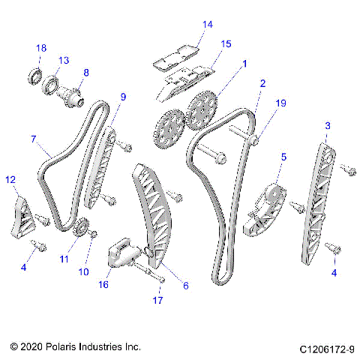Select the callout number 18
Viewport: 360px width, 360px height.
(41, 48)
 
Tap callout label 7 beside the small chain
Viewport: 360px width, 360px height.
(34, 139)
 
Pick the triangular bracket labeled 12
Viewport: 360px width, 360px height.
(22, 215)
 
